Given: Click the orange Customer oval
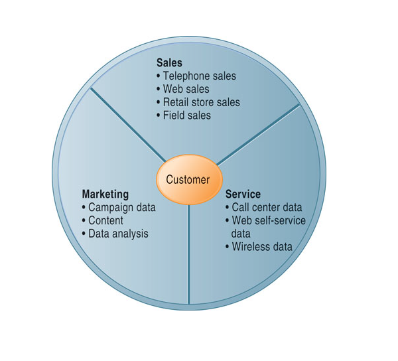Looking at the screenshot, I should click(188, 180).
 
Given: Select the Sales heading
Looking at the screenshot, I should click(169, 63).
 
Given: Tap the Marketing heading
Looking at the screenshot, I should click(105, 194).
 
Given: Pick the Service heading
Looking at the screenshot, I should click(243, 194).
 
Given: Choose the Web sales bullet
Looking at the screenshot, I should click(186, 89).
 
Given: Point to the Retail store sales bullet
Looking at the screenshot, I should click(201, 102).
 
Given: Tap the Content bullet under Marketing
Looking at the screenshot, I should click(107, 220).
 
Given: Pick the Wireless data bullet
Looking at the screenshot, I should click(262, 247).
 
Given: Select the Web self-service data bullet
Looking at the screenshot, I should click(268, 227).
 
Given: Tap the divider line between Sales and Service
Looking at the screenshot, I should click(259, 133).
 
